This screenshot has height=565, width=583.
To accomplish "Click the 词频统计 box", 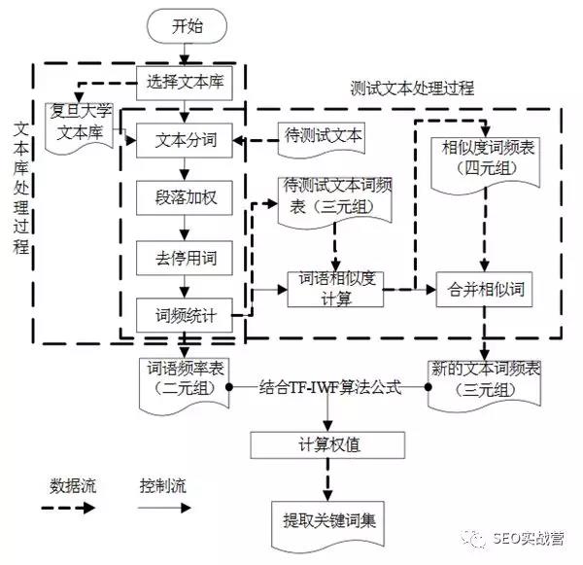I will coord(186,315).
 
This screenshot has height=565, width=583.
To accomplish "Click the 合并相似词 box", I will coord(486,290).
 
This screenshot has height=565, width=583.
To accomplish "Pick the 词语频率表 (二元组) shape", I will coord(184,377).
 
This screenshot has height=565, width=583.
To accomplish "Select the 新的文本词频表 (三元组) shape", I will coord(484,377).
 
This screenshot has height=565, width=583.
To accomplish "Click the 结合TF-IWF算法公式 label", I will coord(330,386).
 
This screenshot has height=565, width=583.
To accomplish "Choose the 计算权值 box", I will coord(329,446).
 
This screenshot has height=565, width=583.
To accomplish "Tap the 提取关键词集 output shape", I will coord(329,518).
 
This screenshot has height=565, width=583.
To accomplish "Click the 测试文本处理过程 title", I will coord(412,88).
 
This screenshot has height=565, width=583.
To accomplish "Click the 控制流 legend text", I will coord(161,484).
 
